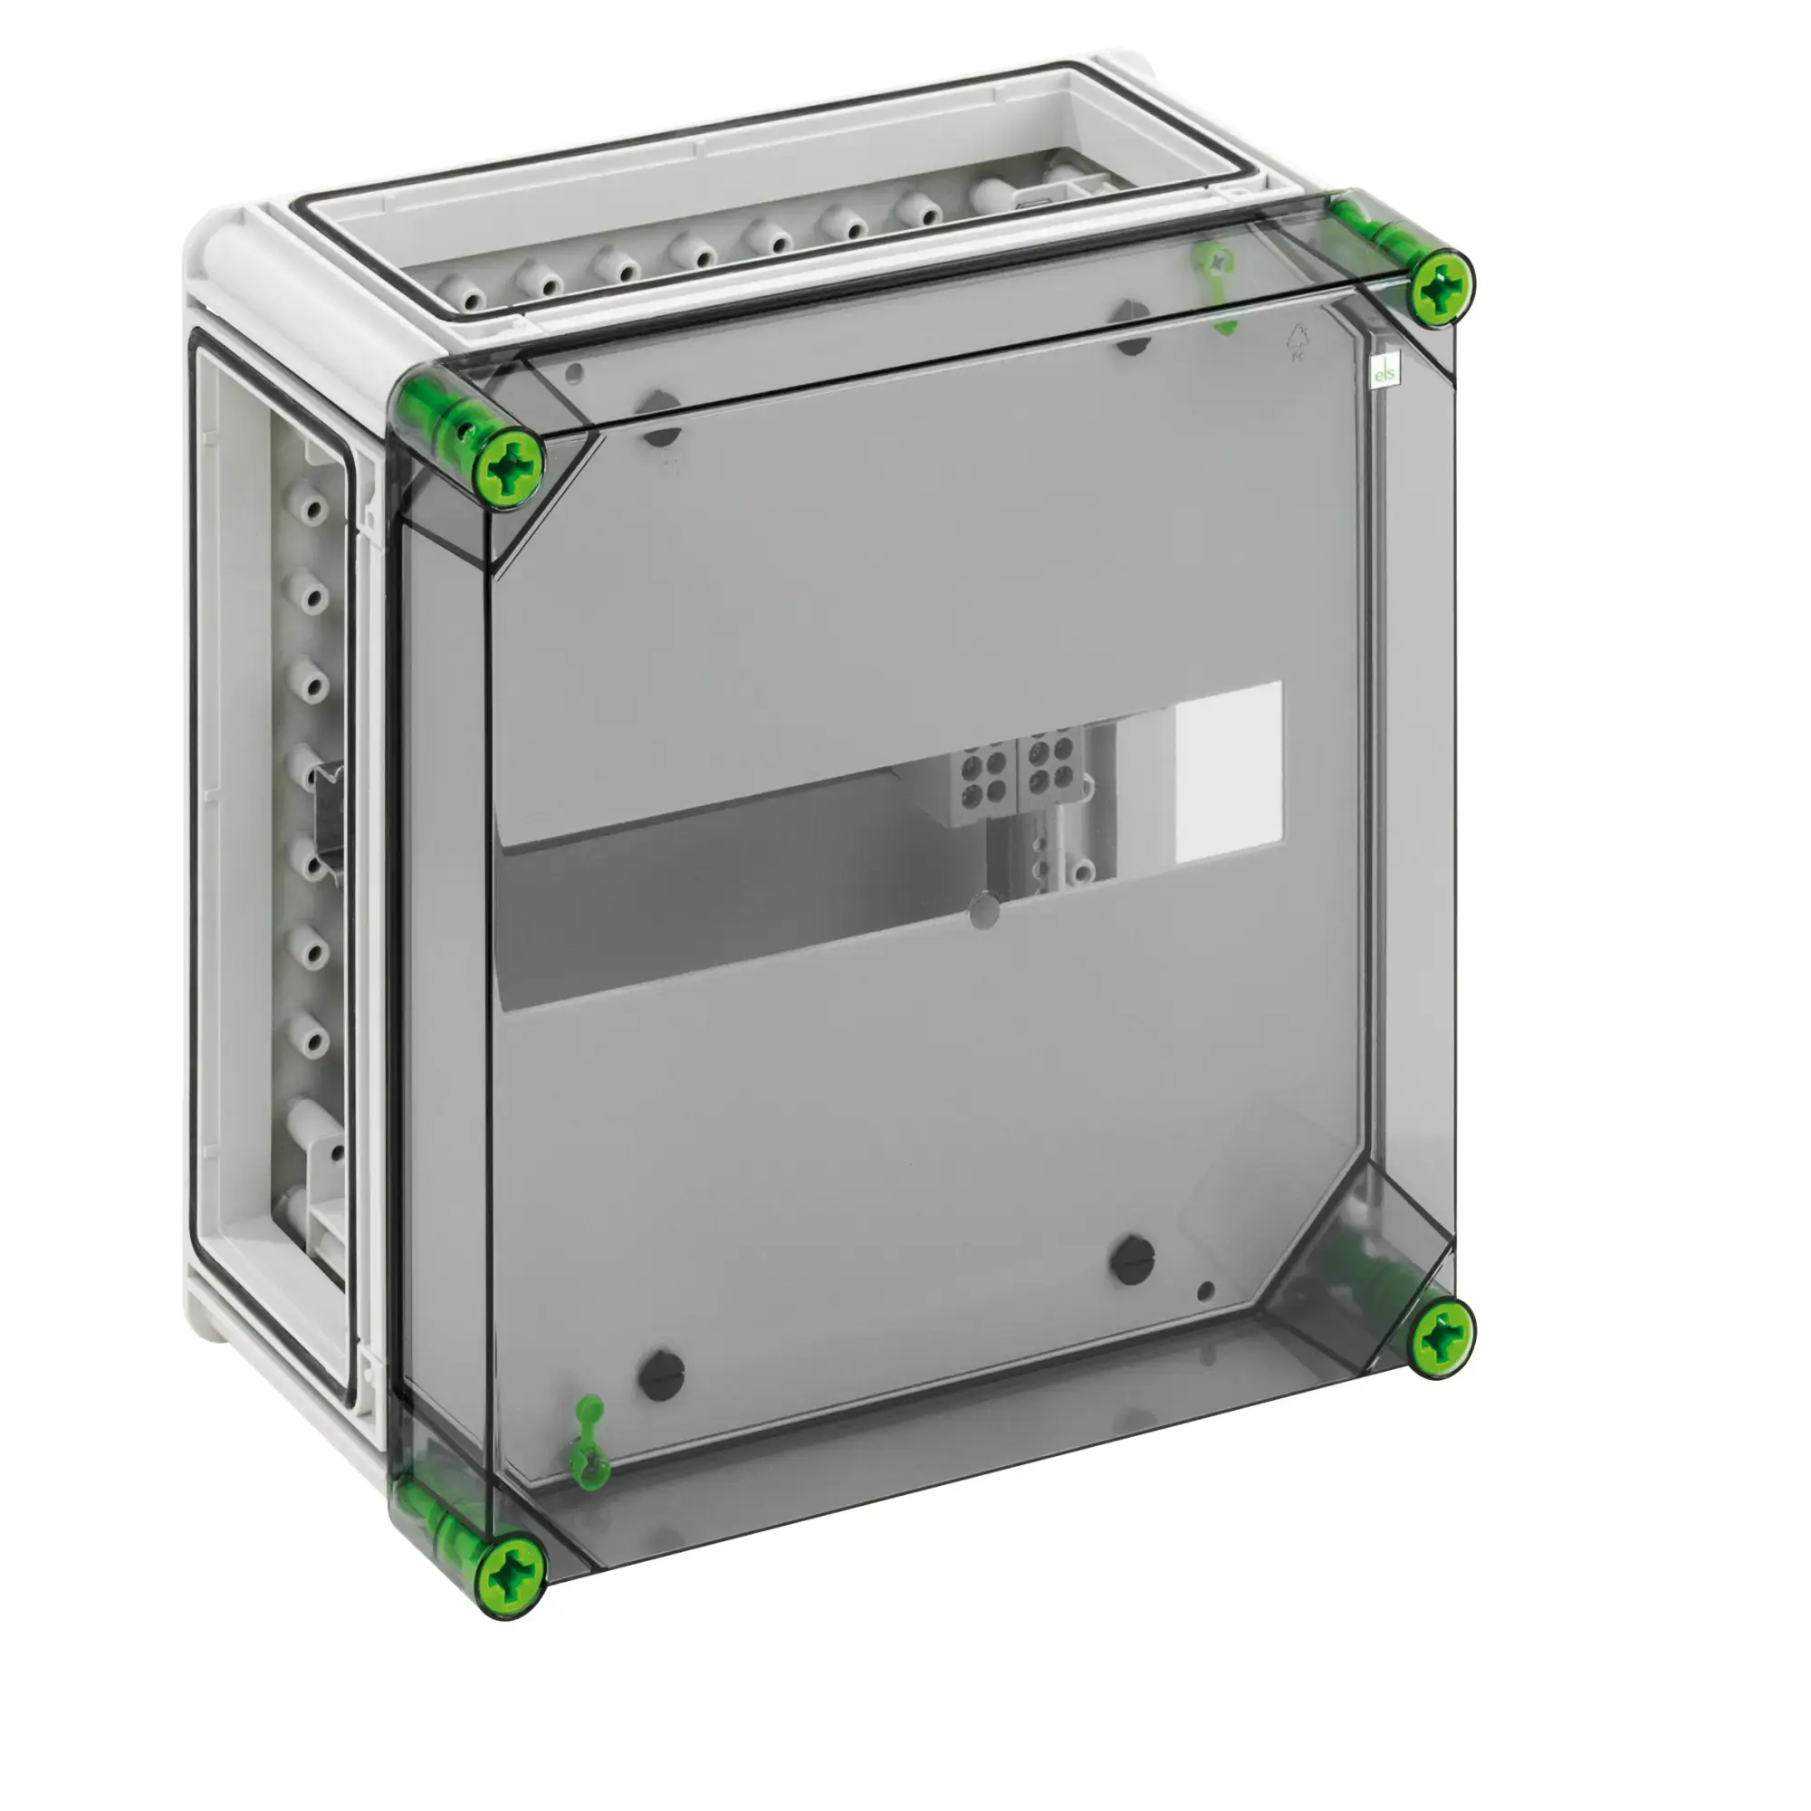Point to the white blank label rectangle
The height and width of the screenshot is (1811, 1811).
pyautogui.click(x=1228, y=771)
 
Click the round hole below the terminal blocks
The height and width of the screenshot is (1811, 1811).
pyautogui.click(x=982, y=910)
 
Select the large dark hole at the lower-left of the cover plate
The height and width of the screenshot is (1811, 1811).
pyautogui.click(x=661, y=1375)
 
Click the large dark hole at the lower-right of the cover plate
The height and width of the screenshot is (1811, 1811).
pyautogui.click(x=1133, y=1260)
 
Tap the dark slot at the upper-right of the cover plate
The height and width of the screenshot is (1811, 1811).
pyautogui.click(x=1134, y=327)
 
